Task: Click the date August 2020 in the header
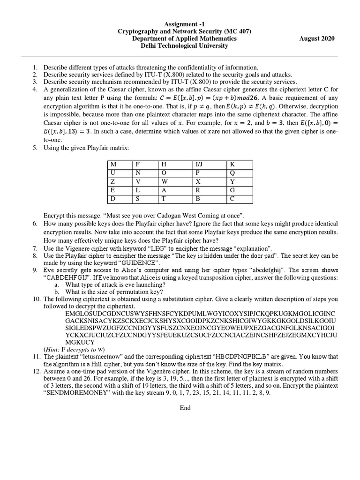click(316, 38)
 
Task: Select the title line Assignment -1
click(184, 24)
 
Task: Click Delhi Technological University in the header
click(184, 46)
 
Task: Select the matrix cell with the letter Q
click(240, 173)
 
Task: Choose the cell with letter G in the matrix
click(240, 190)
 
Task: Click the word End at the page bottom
click(185, 408)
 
